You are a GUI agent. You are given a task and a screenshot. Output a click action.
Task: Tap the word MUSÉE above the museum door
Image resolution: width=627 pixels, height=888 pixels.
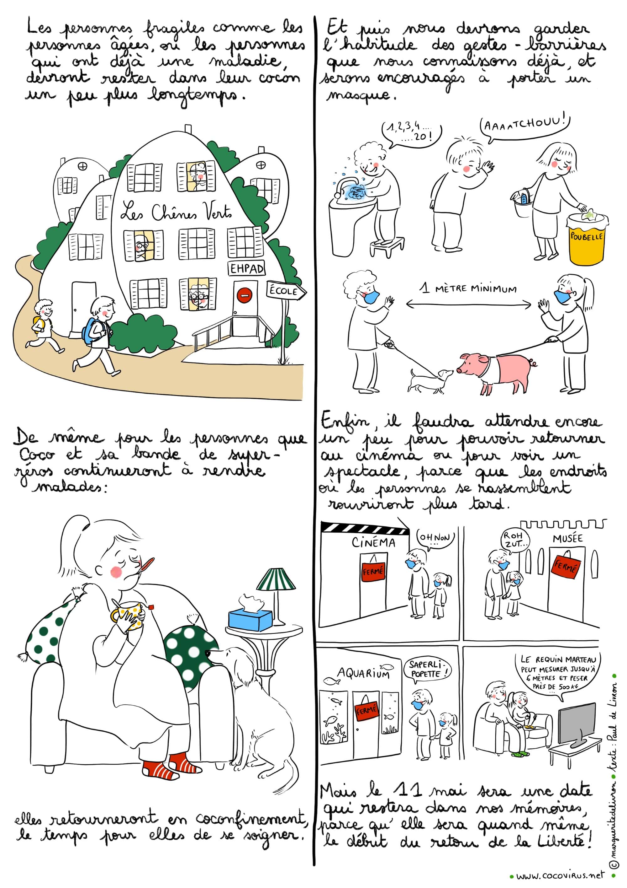(x=567, y=539)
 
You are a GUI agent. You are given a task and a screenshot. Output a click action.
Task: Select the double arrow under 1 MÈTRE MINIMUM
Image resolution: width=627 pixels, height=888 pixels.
(x=469, y=305)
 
